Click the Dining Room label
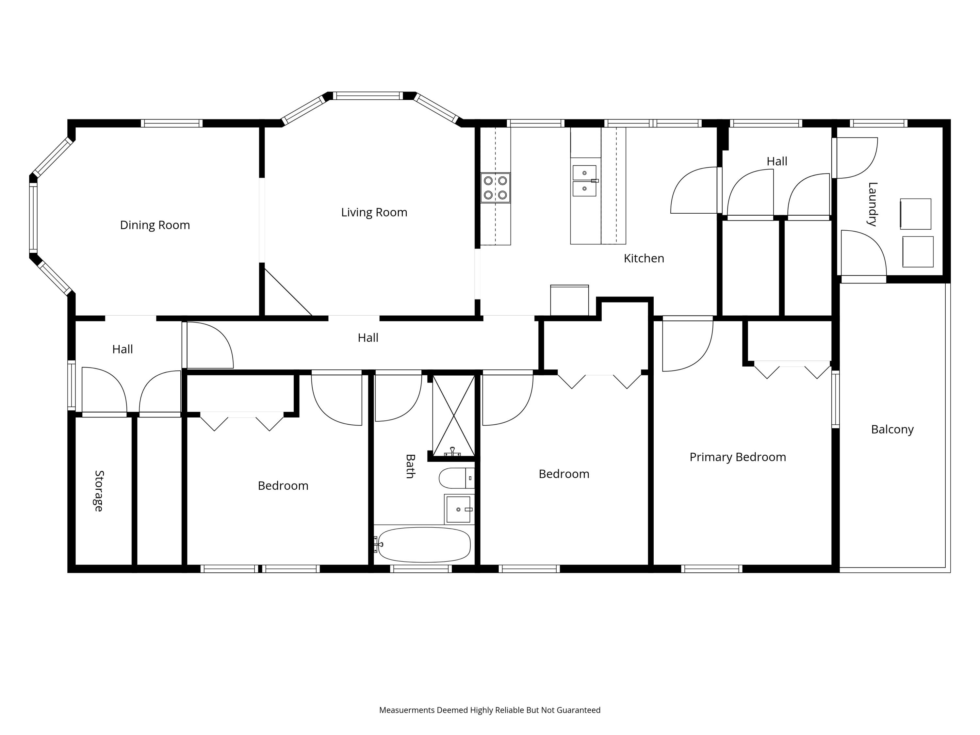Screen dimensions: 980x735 pyautogui.click(x=155, y=225)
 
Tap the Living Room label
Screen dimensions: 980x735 pyautogui.click(x=374, y=213)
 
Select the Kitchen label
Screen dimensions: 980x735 pyautogui.click(x=644, y=258)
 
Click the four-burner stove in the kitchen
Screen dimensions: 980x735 pyautogui.click(x=495, y=188)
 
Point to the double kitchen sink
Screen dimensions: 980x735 pyautogui.click(x=584, y=181)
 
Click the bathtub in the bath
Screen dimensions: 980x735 pyautogui.click(x=424, y=545)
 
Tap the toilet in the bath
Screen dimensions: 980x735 pyautogui.click(x=456, y=479)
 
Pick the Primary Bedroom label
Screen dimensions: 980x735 pyautogui.click(x=738, y=457)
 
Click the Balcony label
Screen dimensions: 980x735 pyautogui.click(x=892, y=429)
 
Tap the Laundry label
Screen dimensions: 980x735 pyautogui.click(x=872, y=204)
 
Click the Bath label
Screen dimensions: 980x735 pyautogui.click(x=410, y=466)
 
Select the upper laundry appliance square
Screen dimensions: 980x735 pyautogui.click(x=915, y=214)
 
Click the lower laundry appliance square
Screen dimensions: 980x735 pyautogui.click(x=918, y=252)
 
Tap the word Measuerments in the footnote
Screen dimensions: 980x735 pyautogui.click(x=407, y=710)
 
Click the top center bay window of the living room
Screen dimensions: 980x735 pyautogui.click(x=368, y=96)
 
